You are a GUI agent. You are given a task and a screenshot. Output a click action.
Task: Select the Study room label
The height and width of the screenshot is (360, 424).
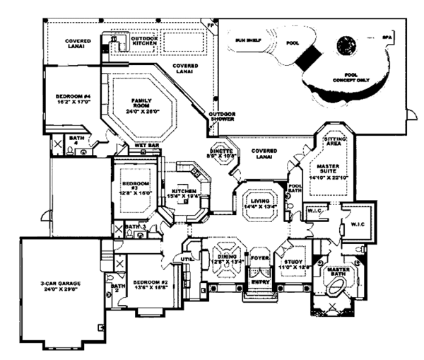click(291, 262)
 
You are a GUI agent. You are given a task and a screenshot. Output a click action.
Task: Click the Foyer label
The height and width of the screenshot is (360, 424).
click(260, 258)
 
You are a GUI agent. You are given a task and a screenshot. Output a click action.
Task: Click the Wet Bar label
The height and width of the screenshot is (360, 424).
click(146, 145)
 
